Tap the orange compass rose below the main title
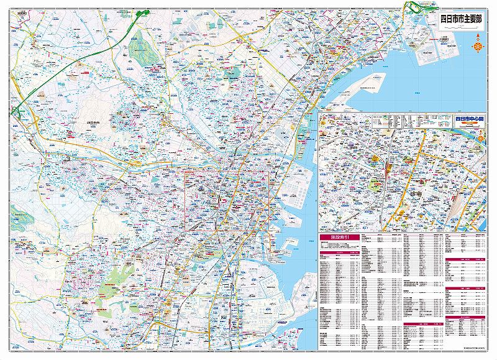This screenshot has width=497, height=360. pyautogui.click(x=477, y=44)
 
